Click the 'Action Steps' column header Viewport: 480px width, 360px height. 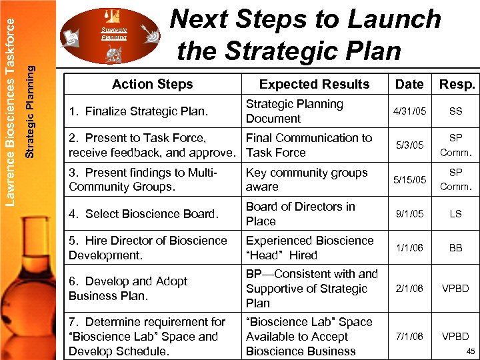[152, 84]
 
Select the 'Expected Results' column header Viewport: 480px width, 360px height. [314, 84]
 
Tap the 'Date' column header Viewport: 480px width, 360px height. [409, 84]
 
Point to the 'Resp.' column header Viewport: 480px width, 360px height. [457, 84]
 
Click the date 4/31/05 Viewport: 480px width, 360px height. [409, 111]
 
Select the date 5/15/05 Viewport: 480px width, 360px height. [409, 180]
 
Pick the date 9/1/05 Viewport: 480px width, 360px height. [409, 214]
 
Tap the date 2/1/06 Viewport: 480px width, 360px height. [409, 289]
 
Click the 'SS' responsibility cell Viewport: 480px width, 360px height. [456, 111]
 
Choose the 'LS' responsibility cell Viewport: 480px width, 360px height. [456, 214]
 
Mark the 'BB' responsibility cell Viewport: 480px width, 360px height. [456, 248]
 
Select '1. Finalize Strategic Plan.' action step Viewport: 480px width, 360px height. [138, 111]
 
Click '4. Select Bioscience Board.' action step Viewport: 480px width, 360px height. [143, 214]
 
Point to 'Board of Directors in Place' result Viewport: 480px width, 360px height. [300, 214]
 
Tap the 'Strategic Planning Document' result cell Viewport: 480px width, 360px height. [295, 111]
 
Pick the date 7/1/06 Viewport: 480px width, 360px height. [409, 337]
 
